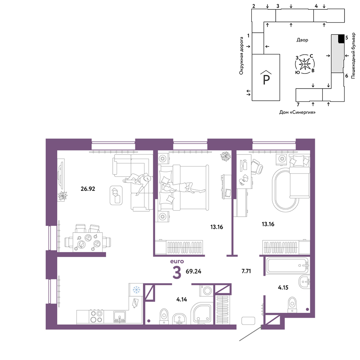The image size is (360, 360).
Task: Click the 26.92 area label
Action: [88, 189]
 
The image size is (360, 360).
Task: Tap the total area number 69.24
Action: [193, 271]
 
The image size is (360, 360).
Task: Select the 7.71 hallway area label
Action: [246, 271]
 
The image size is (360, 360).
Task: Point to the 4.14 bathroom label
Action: [181, 300]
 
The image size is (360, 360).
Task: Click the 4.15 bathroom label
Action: [283, 287]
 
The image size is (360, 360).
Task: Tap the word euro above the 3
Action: [177, 261]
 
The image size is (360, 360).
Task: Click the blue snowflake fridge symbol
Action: [136, 290]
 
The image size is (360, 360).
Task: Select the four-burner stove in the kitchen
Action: [96, 316]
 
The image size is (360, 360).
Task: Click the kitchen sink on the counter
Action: [120, 317]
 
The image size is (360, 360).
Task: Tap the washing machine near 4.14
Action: [207, 291]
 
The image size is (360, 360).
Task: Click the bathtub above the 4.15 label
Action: [287, 266]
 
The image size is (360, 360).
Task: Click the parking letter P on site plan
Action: [266, 79]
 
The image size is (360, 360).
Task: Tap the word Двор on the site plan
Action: [302, 40]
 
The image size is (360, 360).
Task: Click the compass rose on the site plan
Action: [305, 64]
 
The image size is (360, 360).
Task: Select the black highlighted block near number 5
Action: [341, 39]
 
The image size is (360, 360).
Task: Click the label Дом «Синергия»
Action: [297, 112]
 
